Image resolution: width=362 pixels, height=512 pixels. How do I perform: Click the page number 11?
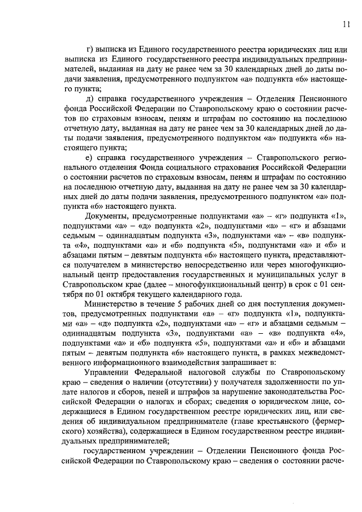tap(346, 23)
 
